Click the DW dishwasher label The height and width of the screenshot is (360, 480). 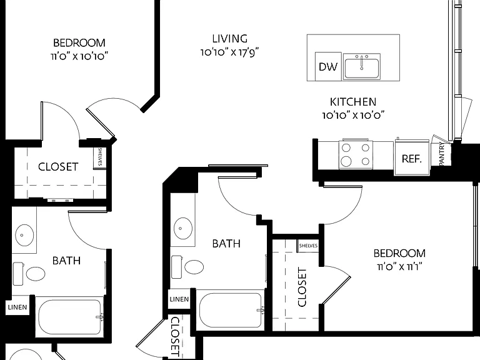(x=328, y=67)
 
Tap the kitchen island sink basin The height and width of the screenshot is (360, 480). (x=361, y=68)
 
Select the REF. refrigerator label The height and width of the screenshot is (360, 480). (x=412, y=159)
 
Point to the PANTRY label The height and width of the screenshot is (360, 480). (x=442, y=154)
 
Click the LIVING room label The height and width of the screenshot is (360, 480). (x=230, y=39)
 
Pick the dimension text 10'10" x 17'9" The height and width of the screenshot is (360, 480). (x=230, y=52)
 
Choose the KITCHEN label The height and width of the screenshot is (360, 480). (x=353, y=102)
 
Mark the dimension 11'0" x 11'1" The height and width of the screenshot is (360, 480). (x=399, y=267)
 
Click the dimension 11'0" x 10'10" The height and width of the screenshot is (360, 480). (x=79, y=56)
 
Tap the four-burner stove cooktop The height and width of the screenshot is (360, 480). (x=356, y=154)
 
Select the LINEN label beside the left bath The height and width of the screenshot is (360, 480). (x=17, y=307)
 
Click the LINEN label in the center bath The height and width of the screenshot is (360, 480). (x=179, y=299)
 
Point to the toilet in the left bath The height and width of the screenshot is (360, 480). (x=29, y=274)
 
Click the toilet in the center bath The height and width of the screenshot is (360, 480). (x=187, y=267)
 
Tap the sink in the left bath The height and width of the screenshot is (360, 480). (x=24, y=235)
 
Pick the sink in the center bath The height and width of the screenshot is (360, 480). (x=183, y=228)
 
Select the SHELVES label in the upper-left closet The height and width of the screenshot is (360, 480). (x=100, y=157)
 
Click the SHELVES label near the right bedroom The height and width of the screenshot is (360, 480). (x=308, y=246)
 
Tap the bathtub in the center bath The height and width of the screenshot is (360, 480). (x=230, y=310)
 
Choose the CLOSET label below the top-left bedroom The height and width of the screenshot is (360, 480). (x=58, y=166)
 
